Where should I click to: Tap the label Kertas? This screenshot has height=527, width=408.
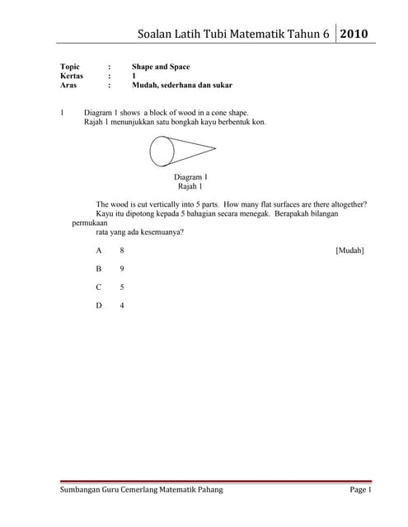[x=73, y=75]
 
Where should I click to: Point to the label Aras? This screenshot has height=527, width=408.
[x=69, y=85]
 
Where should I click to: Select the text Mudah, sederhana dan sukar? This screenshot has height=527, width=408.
[x=181, y=85]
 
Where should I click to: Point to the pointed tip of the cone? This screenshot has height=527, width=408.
[x=215, y=148]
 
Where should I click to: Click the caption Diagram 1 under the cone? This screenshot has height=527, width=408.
[x=190, y=177]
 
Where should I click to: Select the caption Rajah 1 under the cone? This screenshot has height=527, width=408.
[x=190, y=187]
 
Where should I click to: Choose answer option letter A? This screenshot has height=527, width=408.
[x=99, y=250]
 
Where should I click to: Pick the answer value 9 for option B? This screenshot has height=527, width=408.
[x=122, y=268]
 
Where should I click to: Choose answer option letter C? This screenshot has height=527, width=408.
[x=99, y=287]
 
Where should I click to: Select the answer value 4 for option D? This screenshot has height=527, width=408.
[x=122, y=306]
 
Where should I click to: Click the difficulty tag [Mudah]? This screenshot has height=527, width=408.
[x=350, y=250]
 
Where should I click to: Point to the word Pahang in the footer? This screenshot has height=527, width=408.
[x=206, y=491]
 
